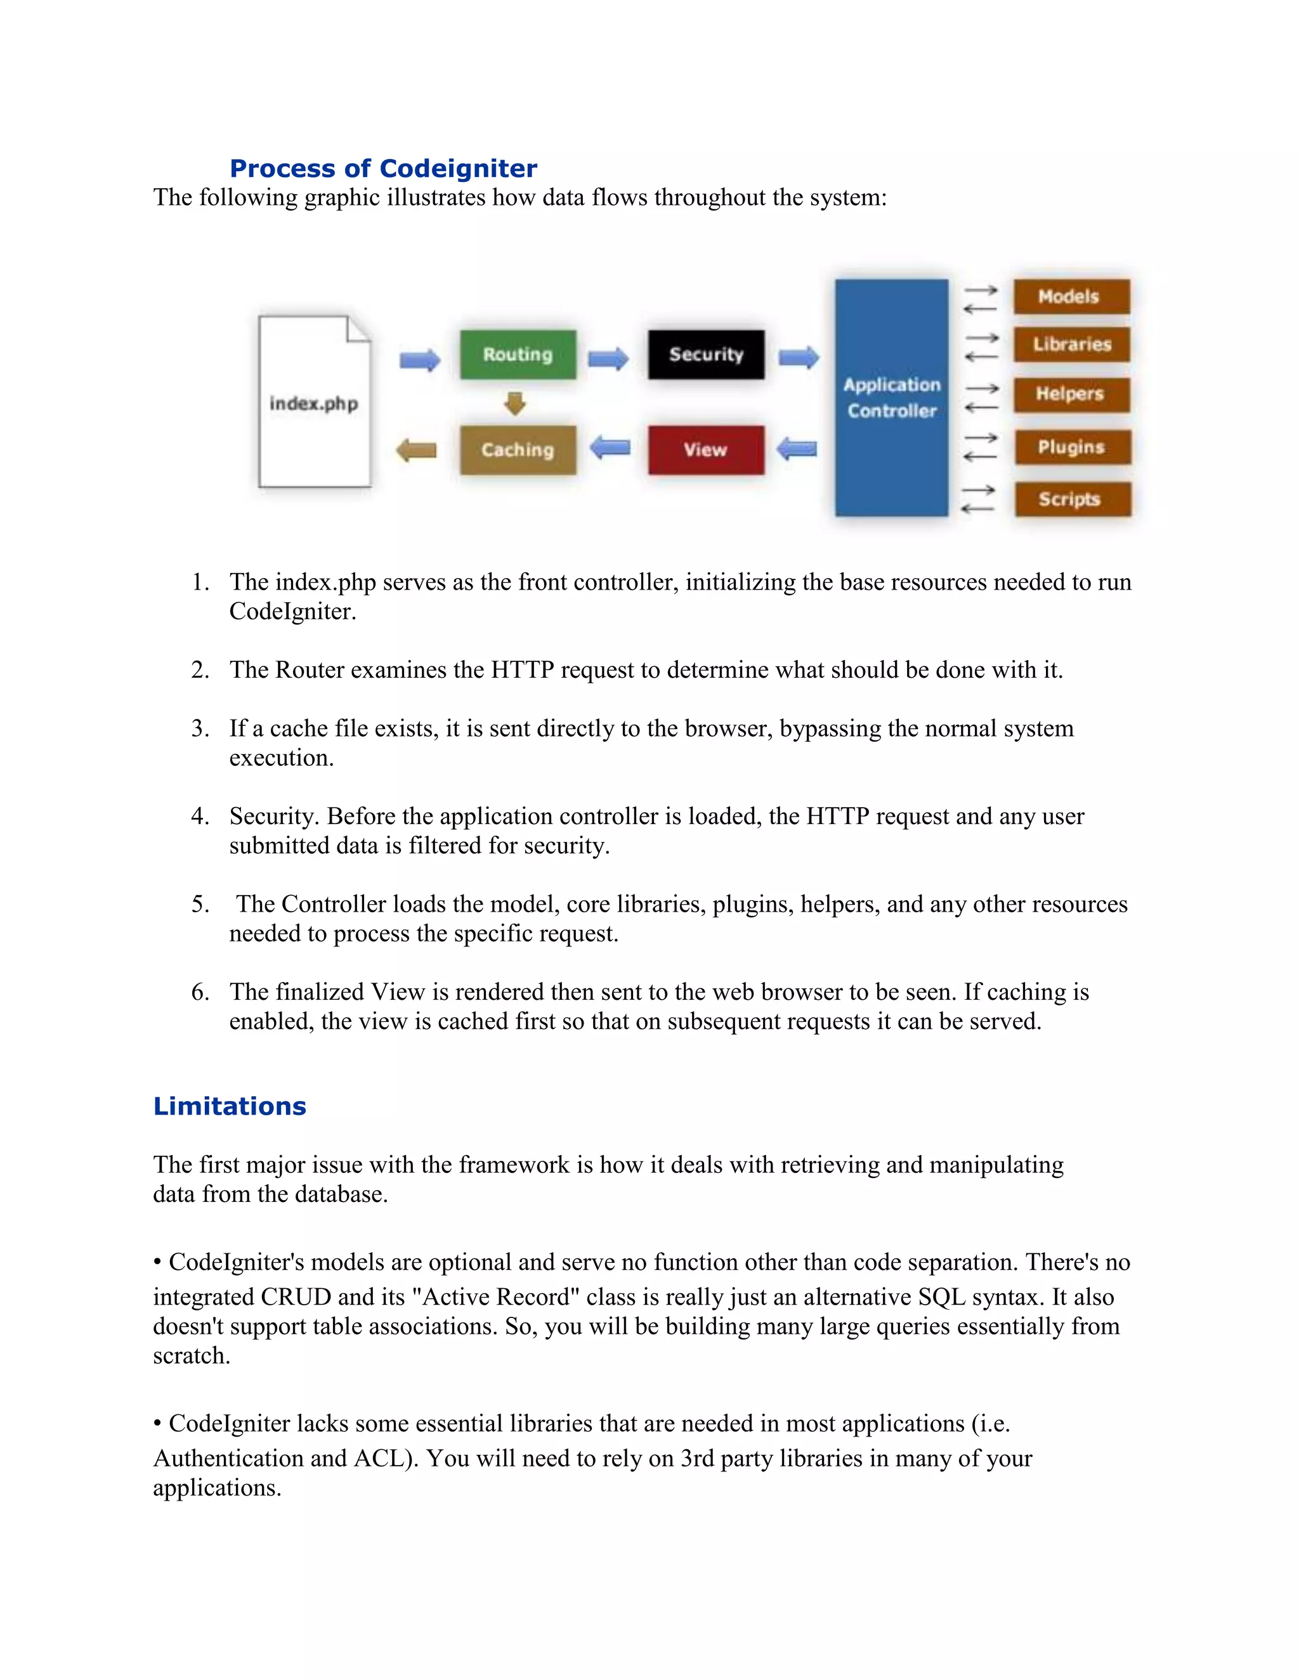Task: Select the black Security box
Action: (706, 354)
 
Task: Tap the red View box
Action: (706, 449)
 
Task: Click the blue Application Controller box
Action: (891, 397)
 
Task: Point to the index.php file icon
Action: (314, 403)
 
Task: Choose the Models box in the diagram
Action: (1071, 296)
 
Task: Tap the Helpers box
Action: (1071, 394)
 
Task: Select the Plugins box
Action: (1072, 447)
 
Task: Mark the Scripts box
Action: (1072, 498)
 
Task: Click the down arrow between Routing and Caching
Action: (515, 403)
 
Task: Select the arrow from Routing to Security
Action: (608, 358)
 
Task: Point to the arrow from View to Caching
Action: (610, 448)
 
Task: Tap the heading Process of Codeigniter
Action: (383, 169)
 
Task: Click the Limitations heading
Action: (230, 1106)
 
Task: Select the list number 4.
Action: (200, 816)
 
